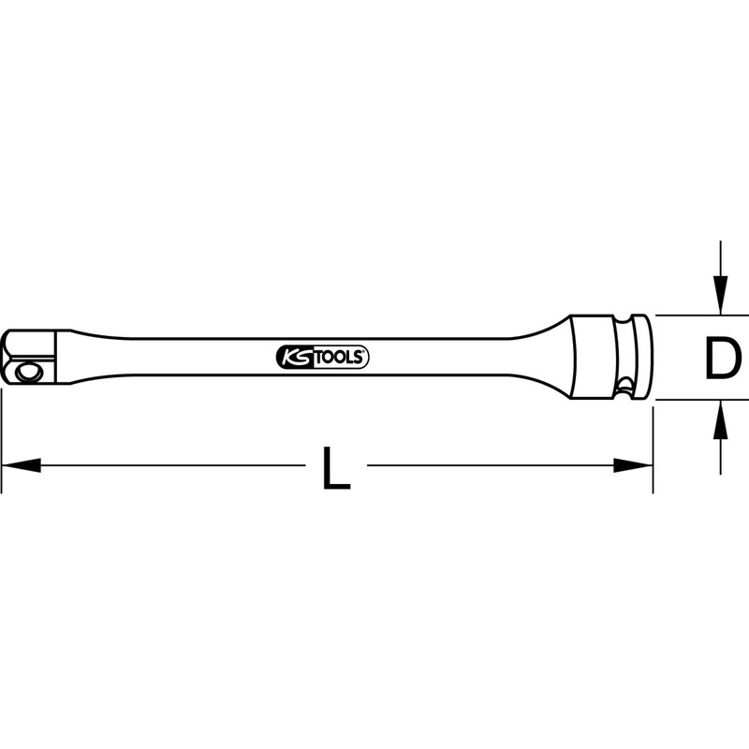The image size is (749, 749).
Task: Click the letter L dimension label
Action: [x=337, y=468]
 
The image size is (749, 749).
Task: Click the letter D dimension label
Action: [x=723, y=359]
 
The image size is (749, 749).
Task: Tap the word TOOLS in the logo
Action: [x=341, y=358]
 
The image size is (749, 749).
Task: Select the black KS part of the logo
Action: [x=296, y=358]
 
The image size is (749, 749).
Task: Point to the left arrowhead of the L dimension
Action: [x=22, y=465]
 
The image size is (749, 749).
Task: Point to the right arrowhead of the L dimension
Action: [x=633, y=465]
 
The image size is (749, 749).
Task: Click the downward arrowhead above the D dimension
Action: [x=720, y=296]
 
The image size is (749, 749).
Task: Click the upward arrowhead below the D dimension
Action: [x=720, y=419]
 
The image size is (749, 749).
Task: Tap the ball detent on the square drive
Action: [x=25, y=371]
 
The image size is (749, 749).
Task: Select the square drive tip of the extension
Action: [x=30, y=357]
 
